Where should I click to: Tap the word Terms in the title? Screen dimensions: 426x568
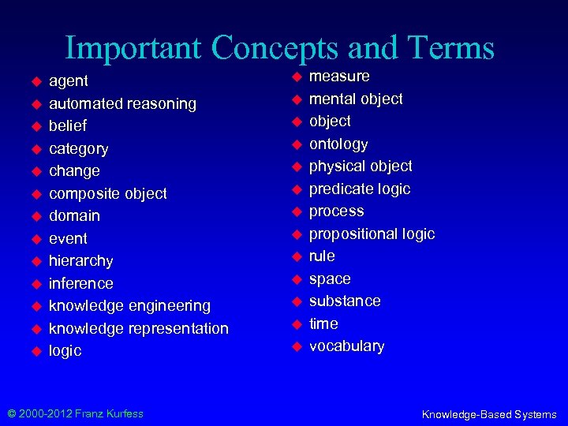pos(448,49)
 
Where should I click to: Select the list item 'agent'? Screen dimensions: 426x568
pos(69,80)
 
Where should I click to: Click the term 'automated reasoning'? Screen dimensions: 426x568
pos(122,103)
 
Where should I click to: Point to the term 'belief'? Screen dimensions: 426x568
pos(68,125)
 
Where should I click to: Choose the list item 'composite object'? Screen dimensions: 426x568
pos(108,193)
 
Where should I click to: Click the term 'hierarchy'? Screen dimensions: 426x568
pos(81,260)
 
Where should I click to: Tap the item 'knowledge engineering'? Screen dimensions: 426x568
pos(129,305)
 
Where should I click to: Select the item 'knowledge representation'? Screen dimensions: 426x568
pos(139,328)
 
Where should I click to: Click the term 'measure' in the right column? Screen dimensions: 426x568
pos(339,76)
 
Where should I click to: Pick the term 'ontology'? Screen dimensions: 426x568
pos(338,144)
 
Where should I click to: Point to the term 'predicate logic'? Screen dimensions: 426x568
pos(360,189)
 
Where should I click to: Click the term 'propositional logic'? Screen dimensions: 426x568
pos(372,234)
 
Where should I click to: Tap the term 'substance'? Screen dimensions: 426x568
pos(345,301)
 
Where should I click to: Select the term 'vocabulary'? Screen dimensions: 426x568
pos(346,346)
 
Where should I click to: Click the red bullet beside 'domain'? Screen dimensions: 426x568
pos(35,216)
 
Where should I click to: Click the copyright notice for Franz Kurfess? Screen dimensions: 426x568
pos(76,413)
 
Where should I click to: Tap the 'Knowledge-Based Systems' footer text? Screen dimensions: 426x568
pos(489,414)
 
